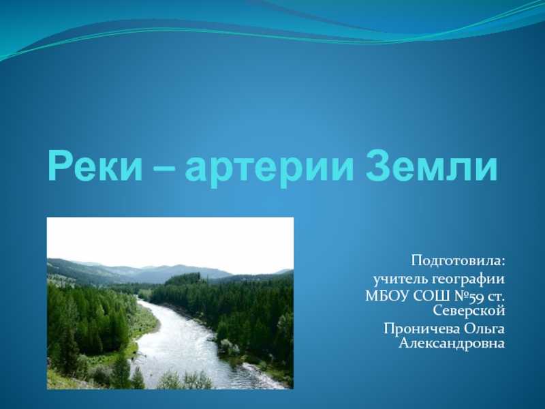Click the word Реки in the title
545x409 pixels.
(x=95, y=166)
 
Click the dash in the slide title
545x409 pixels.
(x=163, y=168)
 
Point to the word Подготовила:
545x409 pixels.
(x=458, y=260)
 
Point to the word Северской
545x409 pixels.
(x=469, y=310)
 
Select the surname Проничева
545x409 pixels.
(x=422, y=329)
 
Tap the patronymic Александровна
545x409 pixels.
(x=452, y=344)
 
